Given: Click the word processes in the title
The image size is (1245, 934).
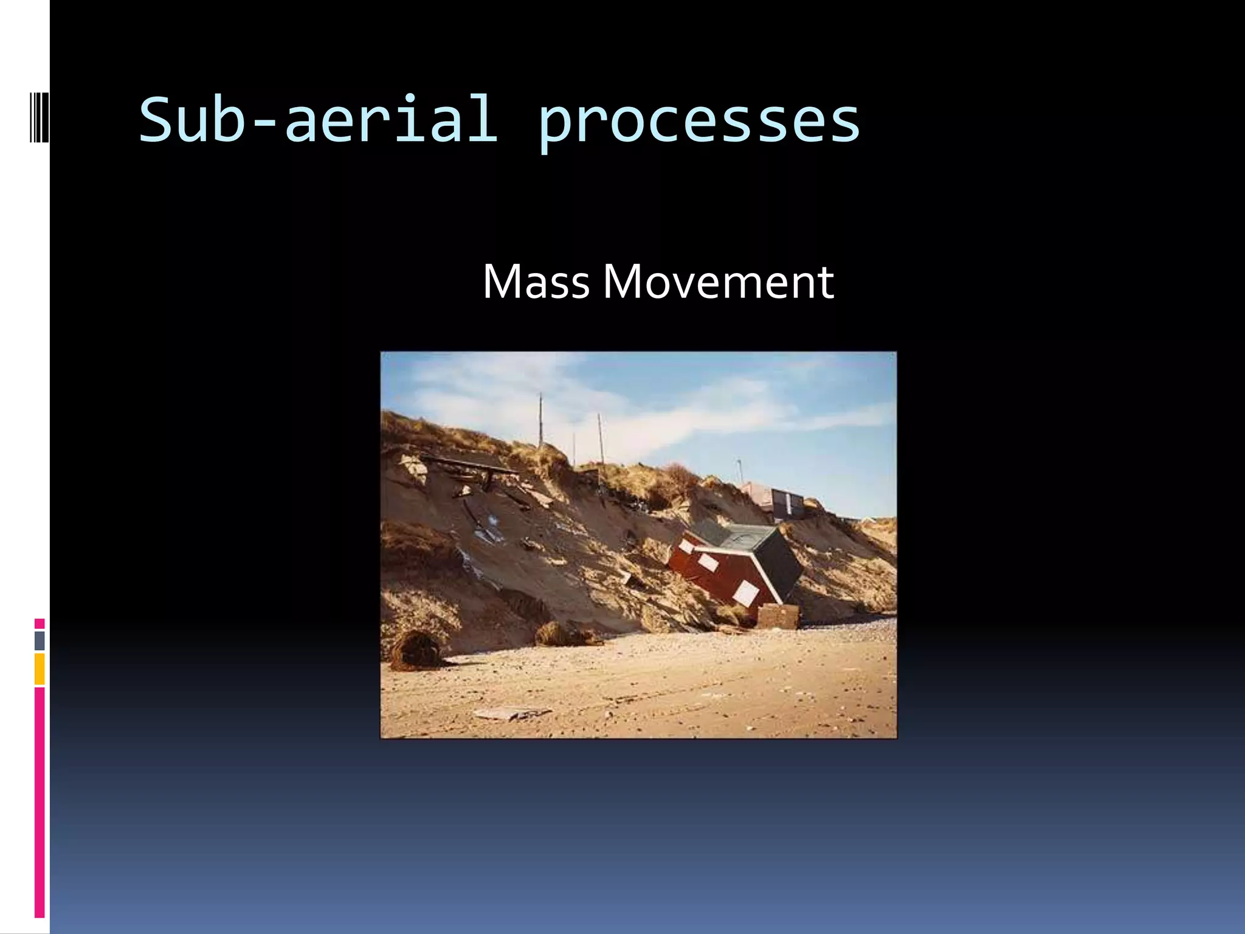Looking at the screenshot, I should click(698, 122).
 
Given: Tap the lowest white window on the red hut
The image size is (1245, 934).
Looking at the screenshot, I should click(745, 591).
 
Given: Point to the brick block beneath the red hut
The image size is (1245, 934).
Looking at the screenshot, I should click(779, 617).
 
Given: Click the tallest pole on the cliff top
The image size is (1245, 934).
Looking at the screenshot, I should click(540, 420).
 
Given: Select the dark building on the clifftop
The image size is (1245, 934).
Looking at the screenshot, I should click(787, 503).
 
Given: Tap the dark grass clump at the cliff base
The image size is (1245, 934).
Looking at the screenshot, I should click(417, 649).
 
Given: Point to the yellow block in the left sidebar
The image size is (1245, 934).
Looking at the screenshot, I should click(40, 669).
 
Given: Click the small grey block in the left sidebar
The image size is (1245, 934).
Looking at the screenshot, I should click(40, 640).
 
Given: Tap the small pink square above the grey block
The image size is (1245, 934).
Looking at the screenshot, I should click(40, 623).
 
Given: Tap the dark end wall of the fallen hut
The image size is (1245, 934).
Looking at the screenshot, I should click(779, 562).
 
